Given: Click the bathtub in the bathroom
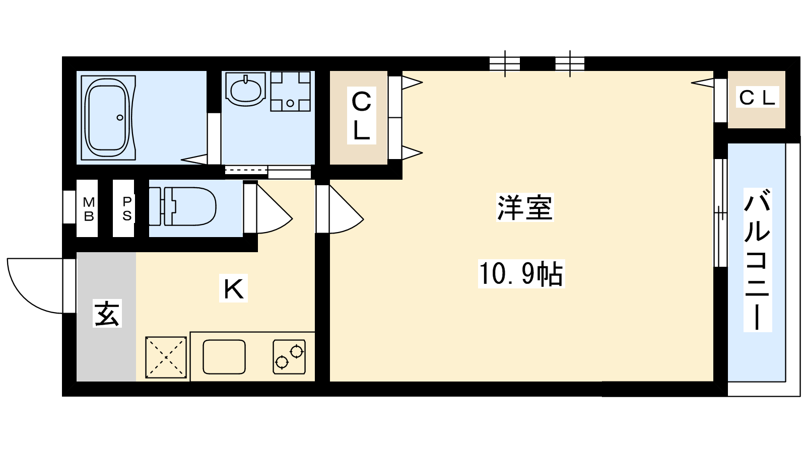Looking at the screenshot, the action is (108, 118).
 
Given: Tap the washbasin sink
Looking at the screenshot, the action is (246, 89).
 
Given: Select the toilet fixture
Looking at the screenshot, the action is (182, 206).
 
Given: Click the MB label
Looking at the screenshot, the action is (89, 209).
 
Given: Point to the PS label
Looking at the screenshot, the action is (126, 208).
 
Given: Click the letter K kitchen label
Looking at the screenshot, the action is (234, 288).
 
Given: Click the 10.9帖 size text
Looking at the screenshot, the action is (521, 274).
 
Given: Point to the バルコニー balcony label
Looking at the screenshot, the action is (758, 259).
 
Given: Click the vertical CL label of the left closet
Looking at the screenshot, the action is (361, 116).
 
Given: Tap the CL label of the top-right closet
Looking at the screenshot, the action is (757, 98).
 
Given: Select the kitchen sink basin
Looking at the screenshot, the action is (224, 357).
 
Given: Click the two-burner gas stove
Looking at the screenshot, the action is (289, 357).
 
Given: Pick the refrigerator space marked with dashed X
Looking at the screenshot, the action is (166, 357).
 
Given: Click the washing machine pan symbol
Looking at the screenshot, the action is (290, 91).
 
